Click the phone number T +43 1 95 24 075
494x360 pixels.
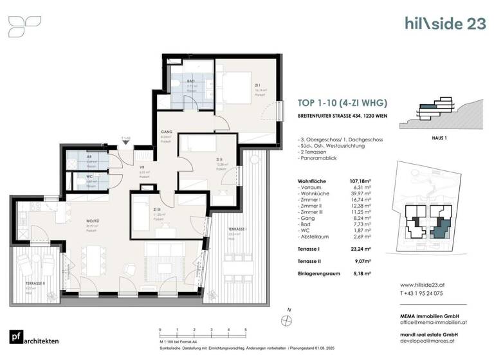426,293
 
